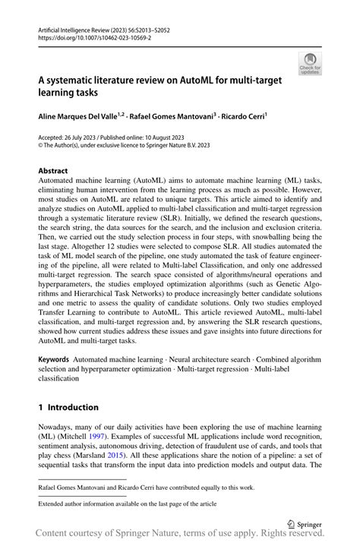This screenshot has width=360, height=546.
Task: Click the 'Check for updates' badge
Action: click(311, 65)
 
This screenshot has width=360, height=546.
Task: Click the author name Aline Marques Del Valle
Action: click(84, 117)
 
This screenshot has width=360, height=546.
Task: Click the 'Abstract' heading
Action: click(53, 171)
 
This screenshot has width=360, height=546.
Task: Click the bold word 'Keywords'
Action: click(55, 357)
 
